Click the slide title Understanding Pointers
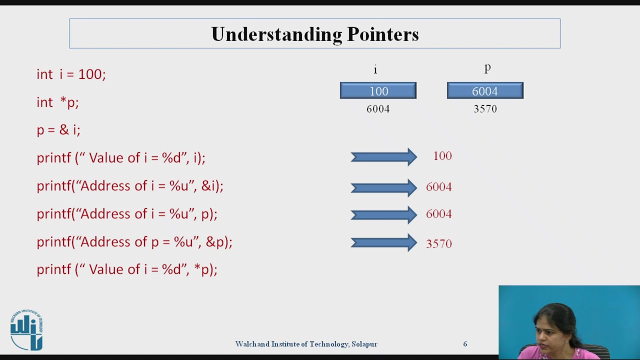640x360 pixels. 314,34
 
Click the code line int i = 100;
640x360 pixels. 71,74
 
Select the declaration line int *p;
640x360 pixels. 57,102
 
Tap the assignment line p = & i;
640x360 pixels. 58,130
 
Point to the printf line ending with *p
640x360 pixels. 126,269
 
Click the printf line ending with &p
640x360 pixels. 134,242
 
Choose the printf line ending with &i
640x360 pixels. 129,186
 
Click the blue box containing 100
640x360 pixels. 378,91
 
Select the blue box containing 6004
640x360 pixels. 485,91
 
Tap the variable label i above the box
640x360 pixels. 375,69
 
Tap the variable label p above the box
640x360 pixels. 487,68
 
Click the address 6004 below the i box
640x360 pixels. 378,109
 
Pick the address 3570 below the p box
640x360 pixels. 485,109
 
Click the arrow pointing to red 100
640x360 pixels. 383,157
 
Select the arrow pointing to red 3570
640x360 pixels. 383,243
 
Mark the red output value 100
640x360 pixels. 442,156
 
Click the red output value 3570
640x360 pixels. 438,244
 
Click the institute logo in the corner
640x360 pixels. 26,330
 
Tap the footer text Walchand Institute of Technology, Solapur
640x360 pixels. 306,344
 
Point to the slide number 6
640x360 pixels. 465,344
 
